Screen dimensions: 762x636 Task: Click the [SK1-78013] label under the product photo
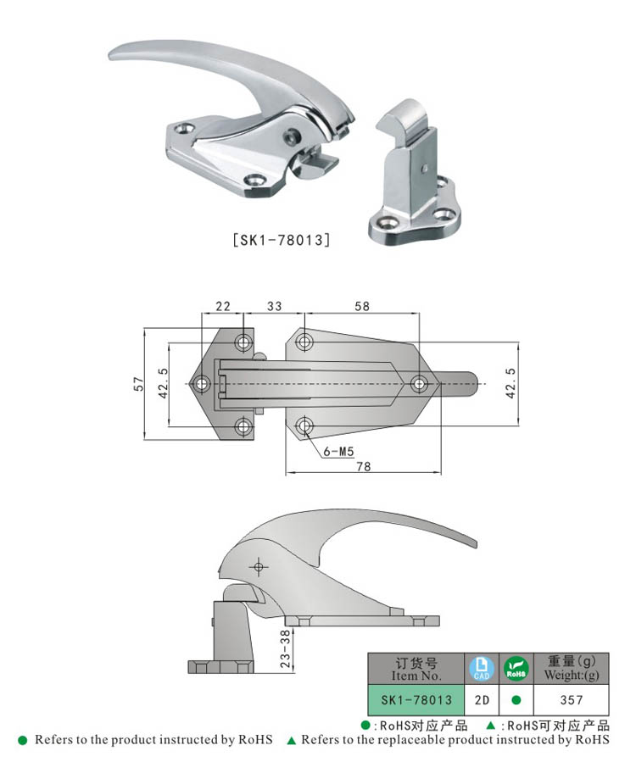pyautogui.click(x=280, y=240)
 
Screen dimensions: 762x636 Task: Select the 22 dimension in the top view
pyautogui.click(x=223, y=305)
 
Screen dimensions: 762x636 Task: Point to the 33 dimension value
pyautogui.click(x=275, y=305)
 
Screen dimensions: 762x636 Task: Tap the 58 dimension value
pyautogui.click(x=362, y=305)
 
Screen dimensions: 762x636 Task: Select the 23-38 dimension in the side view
pyautogui.click(x=286, y=648)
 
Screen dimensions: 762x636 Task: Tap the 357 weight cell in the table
pyautogui.click(x=572, y=701)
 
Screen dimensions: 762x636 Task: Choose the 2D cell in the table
pyautogui.click(x=481, y=701)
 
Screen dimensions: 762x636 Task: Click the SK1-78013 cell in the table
pyautogui.click(x=416, y=701)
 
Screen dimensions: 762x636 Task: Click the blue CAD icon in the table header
pyautogui.click(x=481, y=669)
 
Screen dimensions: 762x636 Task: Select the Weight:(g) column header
pyautogui.click(x=572, y=669)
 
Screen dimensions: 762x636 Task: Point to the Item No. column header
pyautogui.click(x=416, y=669)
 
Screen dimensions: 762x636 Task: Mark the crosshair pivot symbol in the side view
pyautogui.click(x=258, y=566)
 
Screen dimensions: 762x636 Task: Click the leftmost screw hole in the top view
pyautogui.click(x=203, y=384)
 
